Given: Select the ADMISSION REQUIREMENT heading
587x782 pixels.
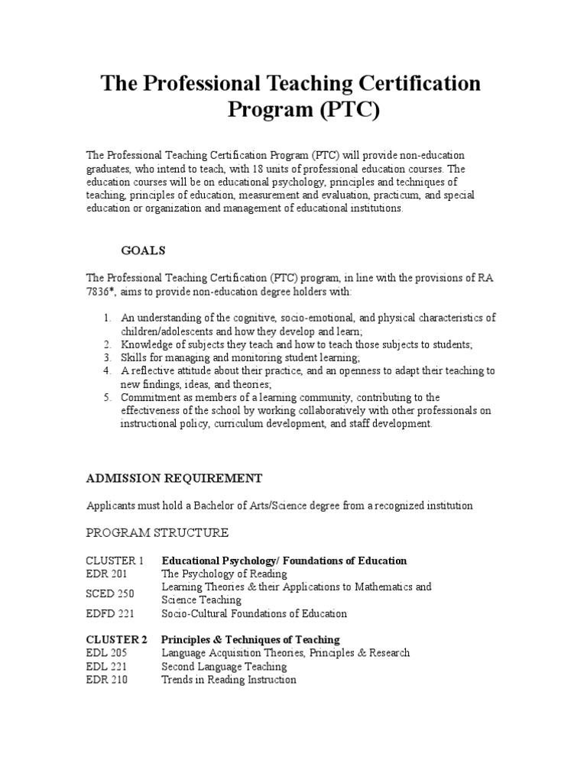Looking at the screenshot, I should pos(174,478).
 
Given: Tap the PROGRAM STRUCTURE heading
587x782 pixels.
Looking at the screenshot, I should pos(157,532).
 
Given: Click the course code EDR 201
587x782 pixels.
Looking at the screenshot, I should pos(106,574).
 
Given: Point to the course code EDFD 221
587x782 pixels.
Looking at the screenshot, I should pos(109,613).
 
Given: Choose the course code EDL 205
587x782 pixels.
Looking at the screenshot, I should pos(106,653).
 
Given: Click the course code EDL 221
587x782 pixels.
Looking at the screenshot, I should pos(106,667).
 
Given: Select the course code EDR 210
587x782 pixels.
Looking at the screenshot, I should pos(106,680).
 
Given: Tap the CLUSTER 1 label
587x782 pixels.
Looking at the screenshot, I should pos(115,561).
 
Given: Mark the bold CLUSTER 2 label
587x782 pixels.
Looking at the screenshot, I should pos(115,639).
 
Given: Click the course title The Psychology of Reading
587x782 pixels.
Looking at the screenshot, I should pos(224,574).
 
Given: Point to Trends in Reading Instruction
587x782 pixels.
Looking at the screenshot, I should pos(229,680).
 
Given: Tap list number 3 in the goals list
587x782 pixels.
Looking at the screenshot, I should pos(107,357).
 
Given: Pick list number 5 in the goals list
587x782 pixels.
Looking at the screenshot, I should pos(107,397).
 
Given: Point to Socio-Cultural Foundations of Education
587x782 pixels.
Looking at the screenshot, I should pos(254,613).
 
